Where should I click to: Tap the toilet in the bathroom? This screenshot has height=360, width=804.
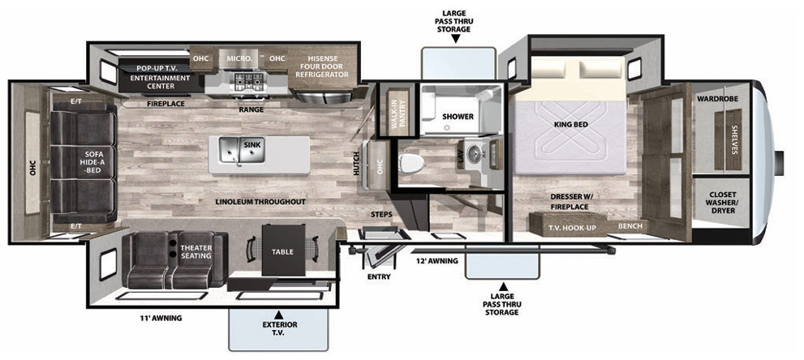413,163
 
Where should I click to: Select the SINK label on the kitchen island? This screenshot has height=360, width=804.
252,144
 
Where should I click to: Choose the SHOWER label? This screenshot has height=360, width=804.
458,117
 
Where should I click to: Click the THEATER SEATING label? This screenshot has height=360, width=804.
196,252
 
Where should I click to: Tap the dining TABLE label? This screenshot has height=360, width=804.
282,251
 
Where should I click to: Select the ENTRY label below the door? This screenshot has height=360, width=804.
379,276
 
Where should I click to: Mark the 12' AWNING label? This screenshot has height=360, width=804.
438,261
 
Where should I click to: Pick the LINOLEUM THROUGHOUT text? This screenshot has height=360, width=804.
260,201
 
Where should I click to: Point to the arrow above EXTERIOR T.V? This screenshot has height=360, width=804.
278,314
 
